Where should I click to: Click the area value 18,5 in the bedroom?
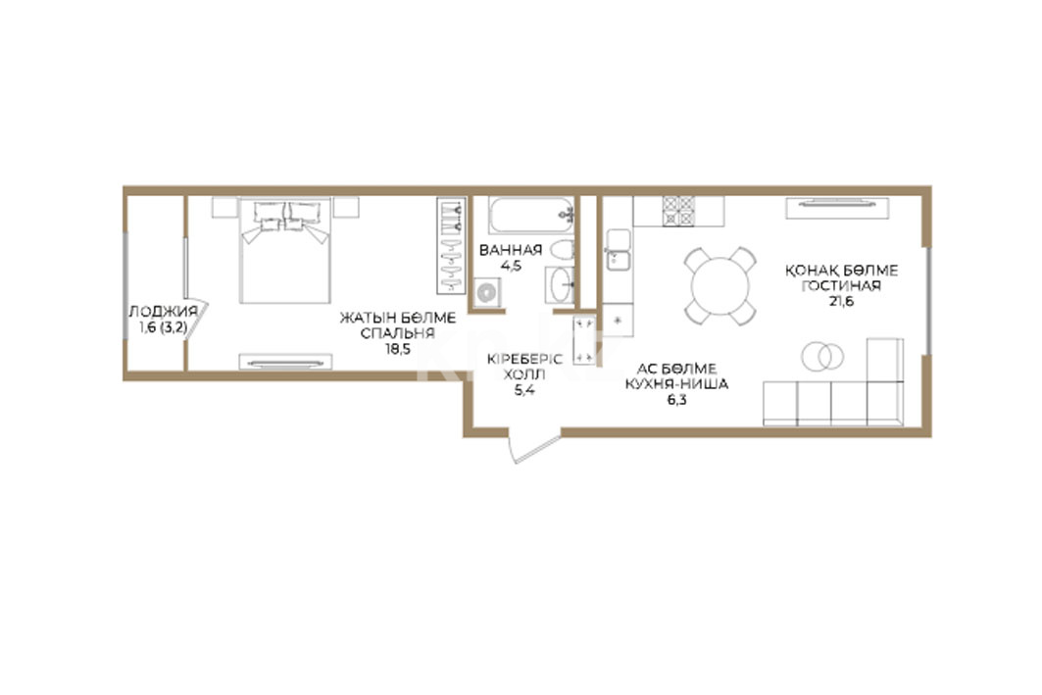(x=398, y=350)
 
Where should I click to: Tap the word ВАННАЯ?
(x=511, y=250)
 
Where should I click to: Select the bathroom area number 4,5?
(x=511, y=266)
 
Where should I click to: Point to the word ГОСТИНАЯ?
(x=841, y=285)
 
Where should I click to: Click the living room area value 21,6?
(x=841, y=301)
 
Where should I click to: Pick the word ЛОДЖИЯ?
(x=163, y=311)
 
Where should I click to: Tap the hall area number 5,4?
(x=524, y=390)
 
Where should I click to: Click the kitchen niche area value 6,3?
(x=676, y=400)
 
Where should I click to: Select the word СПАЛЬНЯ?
(x=398, y=333)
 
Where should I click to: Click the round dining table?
(x=720, y=286)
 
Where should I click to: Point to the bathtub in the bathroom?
(x=531, y=215)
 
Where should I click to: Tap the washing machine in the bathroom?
(x=488, y=293)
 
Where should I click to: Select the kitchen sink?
(x=618, y=250)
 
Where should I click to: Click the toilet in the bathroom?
(x=563, y=251)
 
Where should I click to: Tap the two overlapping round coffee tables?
(x=822, y=357)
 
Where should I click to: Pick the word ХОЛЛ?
(x=524, y=374)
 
